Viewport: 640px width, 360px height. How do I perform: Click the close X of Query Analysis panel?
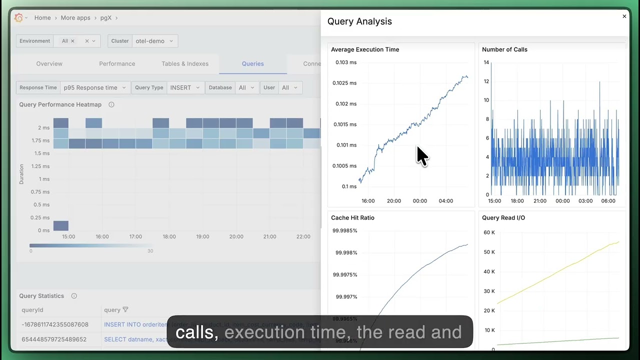coord(624,16)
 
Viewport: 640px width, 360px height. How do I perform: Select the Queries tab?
coord(252,64)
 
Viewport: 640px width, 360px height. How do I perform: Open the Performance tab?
coord(117,64)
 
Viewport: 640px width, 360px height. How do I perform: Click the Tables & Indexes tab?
coord(185,64)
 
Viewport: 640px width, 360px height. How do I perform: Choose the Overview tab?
coord(49,64)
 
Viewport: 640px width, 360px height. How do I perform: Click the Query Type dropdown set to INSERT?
coord(184,87)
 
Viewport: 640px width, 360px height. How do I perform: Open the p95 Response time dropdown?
coord(95,87)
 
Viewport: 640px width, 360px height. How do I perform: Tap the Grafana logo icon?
coord(19,18)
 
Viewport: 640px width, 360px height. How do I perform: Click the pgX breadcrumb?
coord(105,18)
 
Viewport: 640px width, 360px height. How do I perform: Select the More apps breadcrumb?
coord(75,18)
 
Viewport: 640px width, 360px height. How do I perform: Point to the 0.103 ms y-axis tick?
coord(345,62)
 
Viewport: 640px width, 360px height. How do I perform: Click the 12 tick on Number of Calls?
coord(486,81)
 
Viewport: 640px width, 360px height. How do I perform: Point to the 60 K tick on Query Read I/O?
coord(489,232)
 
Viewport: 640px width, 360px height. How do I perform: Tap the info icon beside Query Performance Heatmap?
coord(111,104)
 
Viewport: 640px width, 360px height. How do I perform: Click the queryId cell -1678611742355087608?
coord(55,324)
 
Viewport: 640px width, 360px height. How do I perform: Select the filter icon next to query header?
coord(125,310)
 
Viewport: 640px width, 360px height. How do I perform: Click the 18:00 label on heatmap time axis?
coord(169,236)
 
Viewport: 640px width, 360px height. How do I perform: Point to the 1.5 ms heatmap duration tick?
coord(41,153)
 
